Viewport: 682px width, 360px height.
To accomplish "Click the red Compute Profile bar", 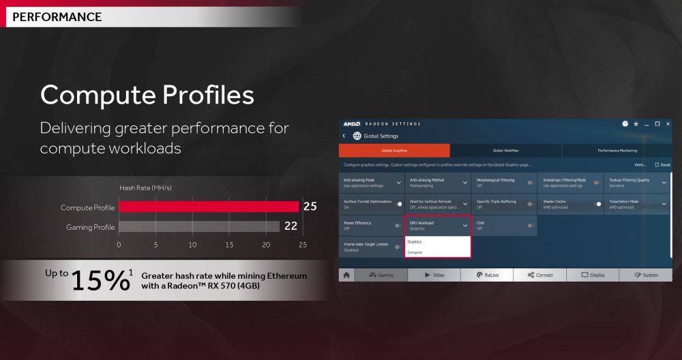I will pos(209,207).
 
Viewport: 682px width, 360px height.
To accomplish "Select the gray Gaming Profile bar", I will pos(199,226).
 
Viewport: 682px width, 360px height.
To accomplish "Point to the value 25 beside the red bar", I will pos(310,207).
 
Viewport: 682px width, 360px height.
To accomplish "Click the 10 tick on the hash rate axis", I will pos(192,244).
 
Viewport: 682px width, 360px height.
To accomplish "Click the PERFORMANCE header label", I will pos(57,16).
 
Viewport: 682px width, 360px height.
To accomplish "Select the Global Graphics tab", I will pos(395,150).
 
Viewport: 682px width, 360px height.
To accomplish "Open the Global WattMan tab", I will pos(506,150).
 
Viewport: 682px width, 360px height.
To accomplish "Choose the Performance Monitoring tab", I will pos(617,150).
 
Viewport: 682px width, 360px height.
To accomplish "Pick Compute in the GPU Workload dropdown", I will pos(415,252).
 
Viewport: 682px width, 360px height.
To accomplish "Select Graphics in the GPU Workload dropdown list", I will pos(415,241).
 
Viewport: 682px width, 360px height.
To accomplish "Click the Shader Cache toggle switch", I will pos(597,204).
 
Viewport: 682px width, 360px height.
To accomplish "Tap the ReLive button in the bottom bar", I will pos(487,275).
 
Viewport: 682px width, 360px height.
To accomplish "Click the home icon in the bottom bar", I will pos(347,275).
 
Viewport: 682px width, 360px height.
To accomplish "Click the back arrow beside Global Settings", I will pos(344,136).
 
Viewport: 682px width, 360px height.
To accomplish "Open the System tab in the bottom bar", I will pos(646,275).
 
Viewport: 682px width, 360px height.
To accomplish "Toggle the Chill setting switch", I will pos(529,225).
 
